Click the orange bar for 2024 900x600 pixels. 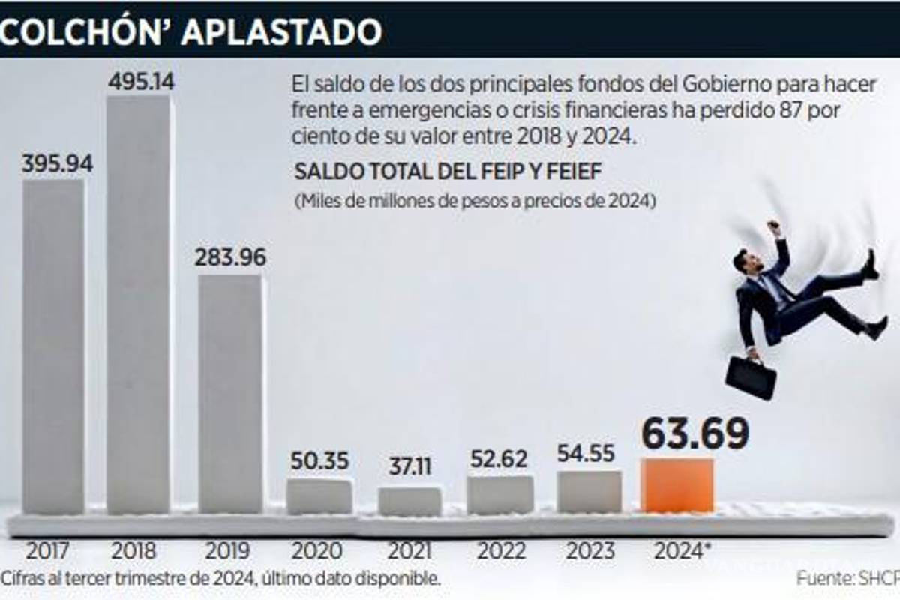click(677, 486)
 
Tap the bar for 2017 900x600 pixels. click(53, 345)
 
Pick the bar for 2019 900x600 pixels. click(230, 394)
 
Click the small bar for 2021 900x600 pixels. click(409, 502)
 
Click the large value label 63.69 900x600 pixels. click(694, 434)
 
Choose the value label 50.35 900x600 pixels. click(320, 460)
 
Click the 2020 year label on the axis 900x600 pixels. click(318, 551)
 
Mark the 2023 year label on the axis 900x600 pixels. click(590, 551)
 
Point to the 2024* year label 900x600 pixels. click(682, 551)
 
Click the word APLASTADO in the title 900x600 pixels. click(280, 31)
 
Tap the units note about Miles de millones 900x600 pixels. click(475, 202)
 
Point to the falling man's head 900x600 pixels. click(745, 261)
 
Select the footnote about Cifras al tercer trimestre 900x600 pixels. click(220, 579)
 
